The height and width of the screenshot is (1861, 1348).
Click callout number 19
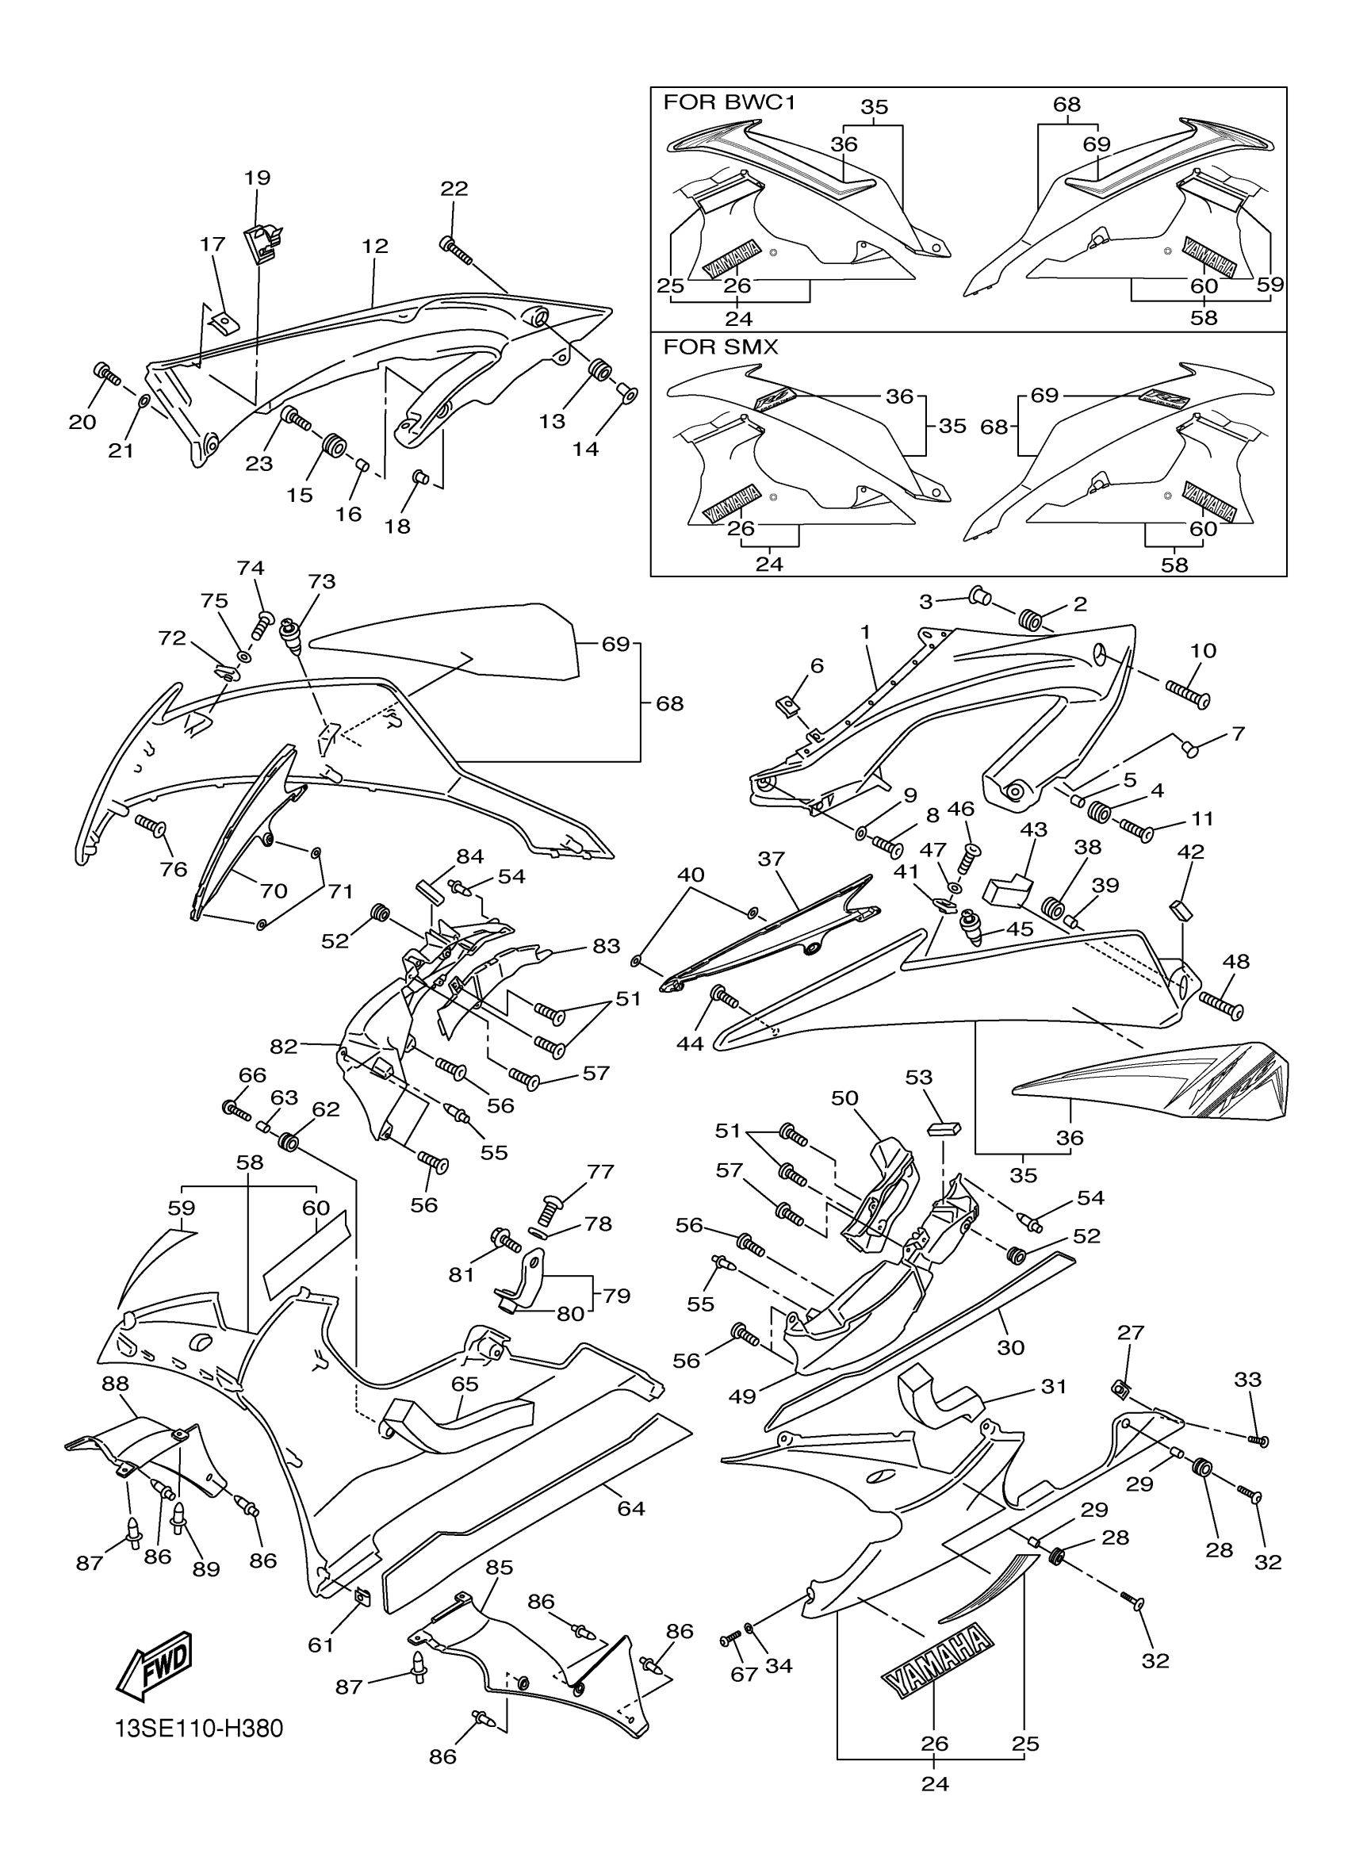[258, 178]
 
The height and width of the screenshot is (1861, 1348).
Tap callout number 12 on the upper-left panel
[375, 246]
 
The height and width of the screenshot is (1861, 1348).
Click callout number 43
[1034, 829]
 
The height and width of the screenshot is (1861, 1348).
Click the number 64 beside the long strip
[631, 1508]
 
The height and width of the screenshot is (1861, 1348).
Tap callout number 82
[284, 1046]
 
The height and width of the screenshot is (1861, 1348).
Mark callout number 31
[1054, 1386]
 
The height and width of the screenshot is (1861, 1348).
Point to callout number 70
[274, 890]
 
